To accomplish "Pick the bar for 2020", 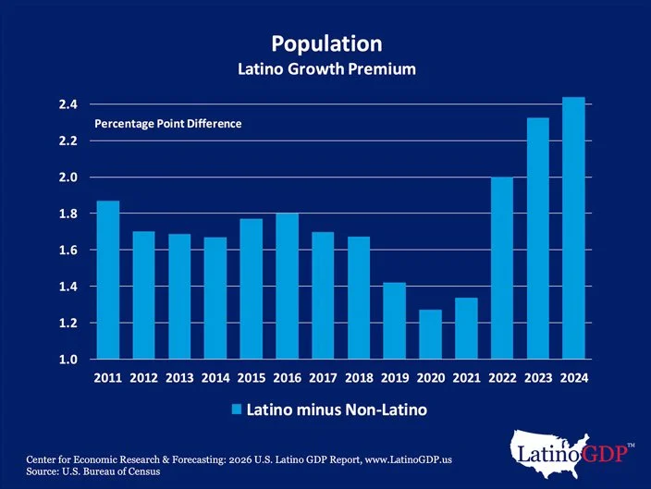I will pyautogui.click(x=430, y=334).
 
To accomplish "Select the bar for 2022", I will pyautogui.click(x=501, y=267).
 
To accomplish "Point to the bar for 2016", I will pyautogui.click(x=287, y=286).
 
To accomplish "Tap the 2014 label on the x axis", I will pyautogui.click(x=215, y=378).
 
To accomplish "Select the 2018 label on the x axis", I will pyautogui.click(x=359, y=378).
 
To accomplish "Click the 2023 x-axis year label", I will pyautogui.click(x=537, y=378).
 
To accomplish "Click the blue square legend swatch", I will pyautogui.click(x=236, y=408).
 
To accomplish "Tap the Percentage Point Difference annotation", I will pyautogui.click(x=167, y=123).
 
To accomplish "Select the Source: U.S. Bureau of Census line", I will pyautogui.click(x=88, y=471).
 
